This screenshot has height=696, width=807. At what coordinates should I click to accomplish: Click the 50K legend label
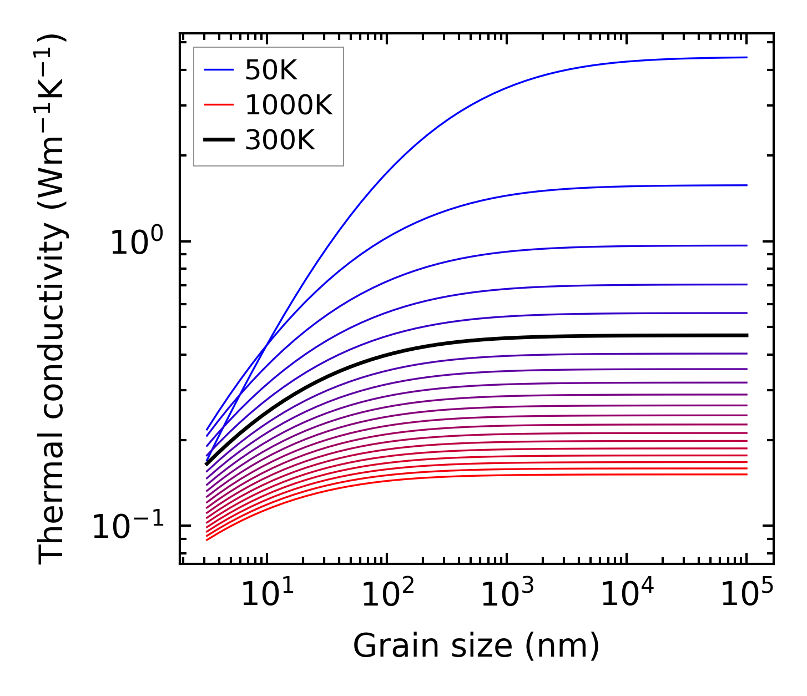pyautogui.click(x=271, y=70)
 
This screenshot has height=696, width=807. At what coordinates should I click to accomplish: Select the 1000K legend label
pyautogui.click(x=289, y=105)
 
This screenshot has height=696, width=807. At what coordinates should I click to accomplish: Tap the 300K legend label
pyautogui.click(x=280, y=140)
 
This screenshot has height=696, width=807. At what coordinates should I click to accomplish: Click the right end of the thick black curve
pyautogui.click(x=747, y=335)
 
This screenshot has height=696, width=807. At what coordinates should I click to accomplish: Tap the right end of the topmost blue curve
pyautogui.click(x=747, y=57)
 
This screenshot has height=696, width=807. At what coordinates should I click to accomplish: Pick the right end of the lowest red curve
pyautogui.click(x=747, y=474)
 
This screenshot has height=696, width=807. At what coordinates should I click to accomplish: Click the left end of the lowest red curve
pyautogui.click(x=206, y=540)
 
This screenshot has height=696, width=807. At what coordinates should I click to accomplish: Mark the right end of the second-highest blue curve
pyautogui.click(x=747, y=185)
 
